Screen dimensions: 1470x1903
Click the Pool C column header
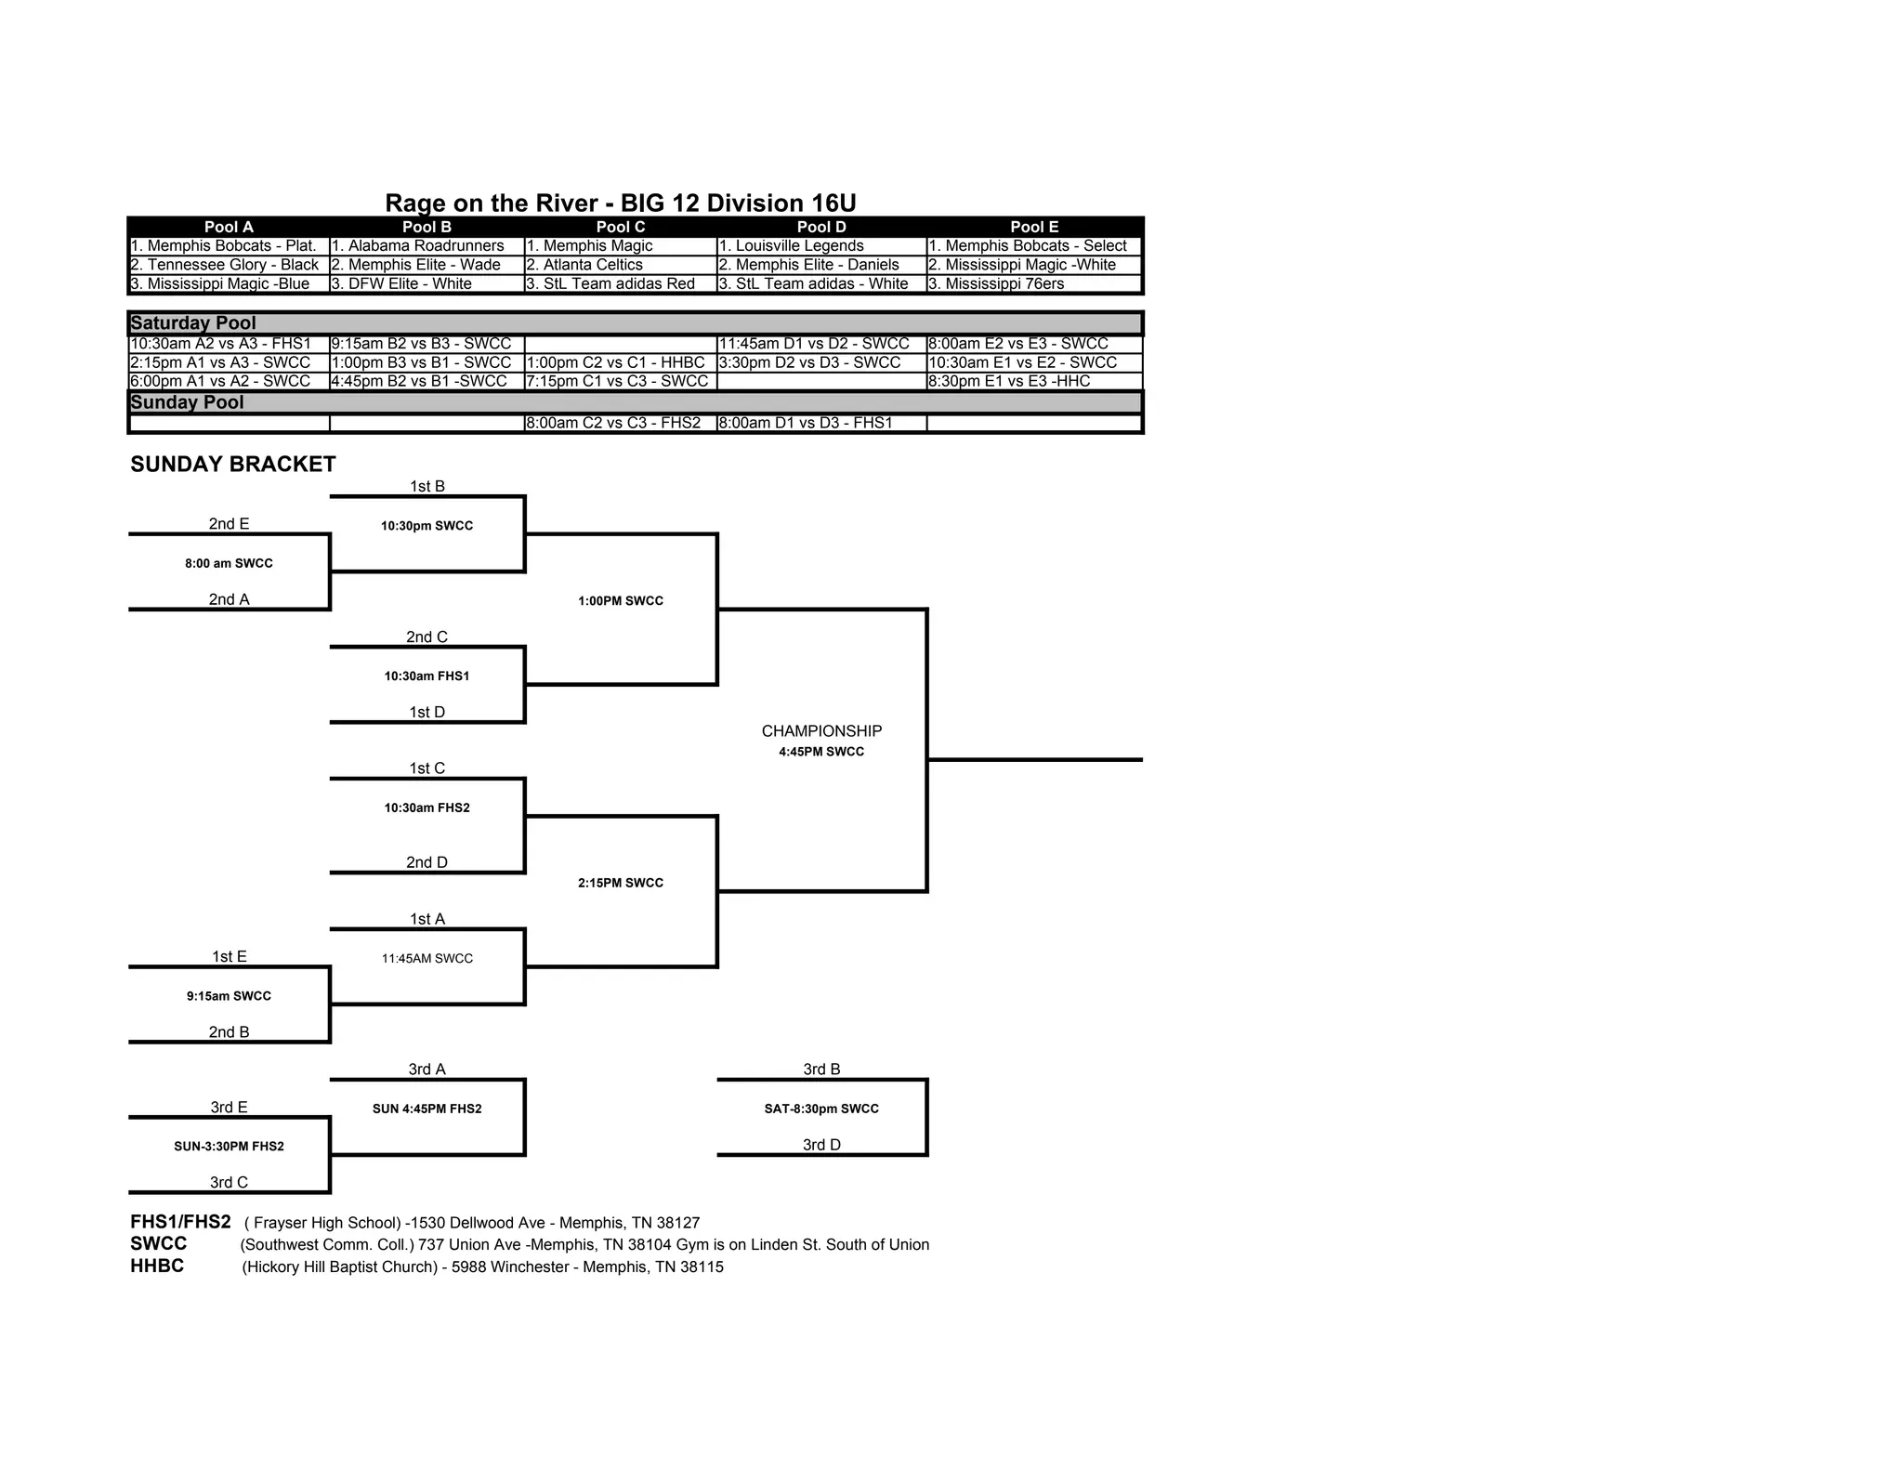(x=620, y=227)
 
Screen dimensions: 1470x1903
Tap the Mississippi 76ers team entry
(x=1004, y=284)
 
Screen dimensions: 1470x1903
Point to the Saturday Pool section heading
(x=193, y=323)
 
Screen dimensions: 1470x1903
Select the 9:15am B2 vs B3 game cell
(x=421, y=344)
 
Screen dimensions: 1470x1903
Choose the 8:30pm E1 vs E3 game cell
(x=1009, y=381)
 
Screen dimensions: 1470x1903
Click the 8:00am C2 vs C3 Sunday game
(x=613, y=423)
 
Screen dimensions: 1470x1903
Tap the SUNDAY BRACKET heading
(x=233, y=465)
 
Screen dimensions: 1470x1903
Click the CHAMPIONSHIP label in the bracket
(x=821, y=731)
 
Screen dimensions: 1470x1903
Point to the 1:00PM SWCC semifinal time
(x=621, y=601)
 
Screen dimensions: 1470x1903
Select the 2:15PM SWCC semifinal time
(x=621, y=883)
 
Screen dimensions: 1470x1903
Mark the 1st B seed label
(x=427, y=486)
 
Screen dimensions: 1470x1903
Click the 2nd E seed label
(x=229, y=524)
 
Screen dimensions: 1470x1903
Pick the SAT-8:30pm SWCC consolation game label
(x=821, y=1109)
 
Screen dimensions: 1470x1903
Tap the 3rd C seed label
(x=229, y=1183)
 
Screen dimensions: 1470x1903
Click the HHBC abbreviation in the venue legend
(x=157, y=1267)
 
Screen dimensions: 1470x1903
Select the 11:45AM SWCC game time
(x=427, y=959)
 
